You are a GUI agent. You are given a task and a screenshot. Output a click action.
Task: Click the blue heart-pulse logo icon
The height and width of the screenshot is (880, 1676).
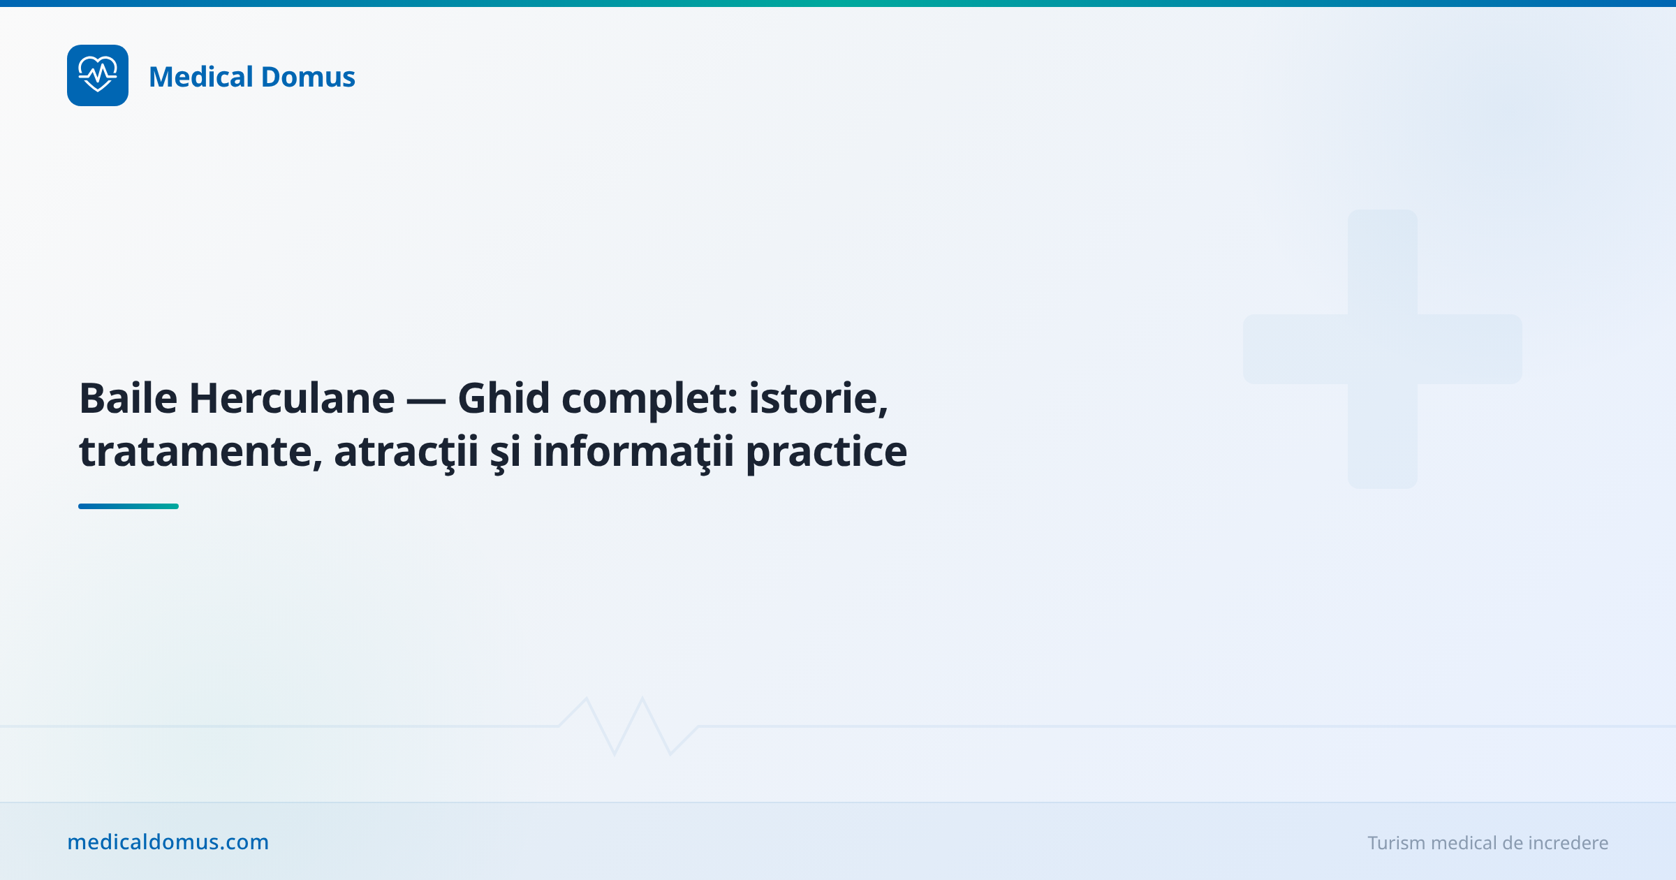[x=98, y=75]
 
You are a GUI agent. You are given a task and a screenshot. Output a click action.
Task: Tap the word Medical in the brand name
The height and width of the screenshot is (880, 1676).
[x=200, y=77]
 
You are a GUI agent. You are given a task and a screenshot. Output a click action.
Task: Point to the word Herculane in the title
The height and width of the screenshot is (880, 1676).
[x=292, y=398]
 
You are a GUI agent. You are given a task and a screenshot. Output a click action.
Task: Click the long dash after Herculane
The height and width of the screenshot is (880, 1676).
[x=426, y=399]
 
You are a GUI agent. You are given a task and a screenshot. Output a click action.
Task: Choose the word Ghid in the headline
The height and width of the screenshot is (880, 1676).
[x=503, y=398]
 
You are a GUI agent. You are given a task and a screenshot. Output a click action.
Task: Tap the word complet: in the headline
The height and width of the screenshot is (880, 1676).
[x=649, y=399]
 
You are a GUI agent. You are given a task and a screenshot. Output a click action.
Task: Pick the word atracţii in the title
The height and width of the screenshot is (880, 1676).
[x=406, y=452]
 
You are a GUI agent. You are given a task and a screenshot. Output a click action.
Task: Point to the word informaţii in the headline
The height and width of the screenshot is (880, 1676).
[x=633, y=452]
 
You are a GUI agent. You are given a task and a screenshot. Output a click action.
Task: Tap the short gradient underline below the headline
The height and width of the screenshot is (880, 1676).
[x=128, y=506]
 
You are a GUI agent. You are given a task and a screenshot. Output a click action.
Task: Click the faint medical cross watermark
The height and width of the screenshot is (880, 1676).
[x=1383, y=349]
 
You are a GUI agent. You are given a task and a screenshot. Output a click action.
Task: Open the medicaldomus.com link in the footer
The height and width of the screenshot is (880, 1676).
[x=168, y=842]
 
